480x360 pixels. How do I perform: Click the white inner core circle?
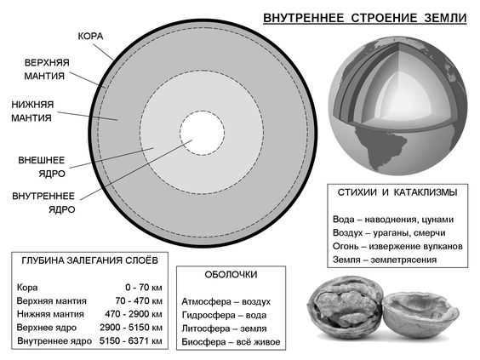click(x=202, y=133)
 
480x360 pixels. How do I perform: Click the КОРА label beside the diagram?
click(x=90, y=36)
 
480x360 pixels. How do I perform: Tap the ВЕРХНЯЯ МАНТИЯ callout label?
click(x=47, y=69)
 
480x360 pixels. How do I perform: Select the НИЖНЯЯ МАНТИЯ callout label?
click(x=32, y=111)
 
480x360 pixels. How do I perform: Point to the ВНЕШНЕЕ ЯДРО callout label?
click(x=42, y=167)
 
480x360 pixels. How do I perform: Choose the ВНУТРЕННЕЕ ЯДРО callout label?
click(x=43, y=203)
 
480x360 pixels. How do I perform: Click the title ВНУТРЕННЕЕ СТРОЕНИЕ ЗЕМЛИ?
click(x=365, y=18)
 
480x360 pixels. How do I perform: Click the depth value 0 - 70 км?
click(x=144, y=288)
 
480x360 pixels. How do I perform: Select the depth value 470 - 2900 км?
click(x=134, y=314)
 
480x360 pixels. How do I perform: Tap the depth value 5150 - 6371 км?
click(x=131, y=340)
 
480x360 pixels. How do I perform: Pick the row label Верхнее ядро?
click(x=47, y=328)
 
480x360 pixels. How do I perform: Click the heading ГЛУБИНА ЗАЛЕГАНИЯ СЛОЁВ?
click(x=89, y=260)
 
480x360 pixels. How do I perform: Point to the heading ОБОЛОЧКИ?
click(x=231, y=275)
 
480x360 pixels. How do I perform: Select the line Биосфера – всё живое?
click(x=231, y=342)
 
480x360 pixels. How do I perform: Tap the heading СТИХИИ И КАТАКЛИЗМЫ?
click(x=397, y=192)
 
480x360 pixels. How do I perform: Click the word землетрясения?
click(x=403, y=260)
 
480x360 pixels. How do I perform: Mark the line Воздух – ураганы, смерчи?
click(x=389, y=233)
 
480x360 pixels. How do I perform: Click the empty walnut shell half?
click(x=421, y=315)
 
